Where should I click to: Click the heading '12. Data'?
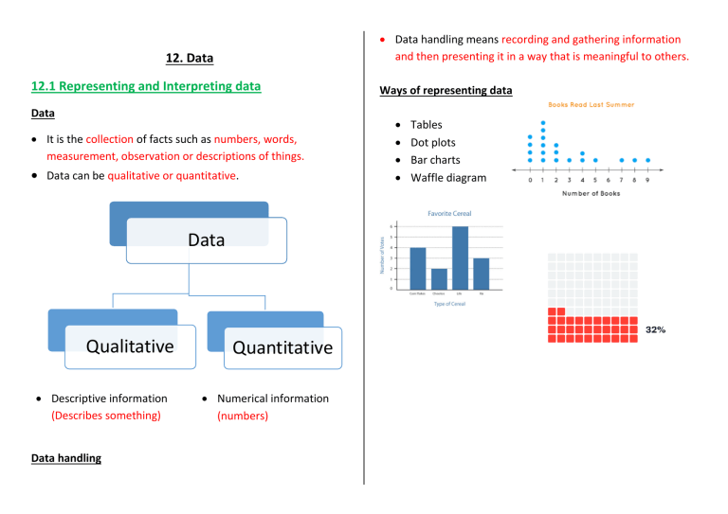(190, 58)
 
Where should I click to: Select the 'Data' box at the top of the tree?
(207, 239)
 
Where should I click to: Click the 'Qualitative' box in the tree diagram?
(130, 346)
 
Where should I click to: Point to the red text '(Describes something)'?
(106, 415)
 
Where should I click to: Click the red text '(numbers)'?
(243, 415)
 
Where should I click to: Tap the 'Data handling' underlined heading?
(66, 458)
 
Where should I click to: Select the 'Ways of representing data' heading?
(446, 91)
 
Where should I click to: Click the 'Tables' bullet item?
(426, 125)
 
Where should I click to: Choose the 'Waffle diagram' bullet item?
(447, 178)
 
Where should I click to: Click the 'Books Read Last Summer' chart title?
(591, 105)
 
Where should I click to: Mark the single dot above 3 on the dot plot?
(569, 160)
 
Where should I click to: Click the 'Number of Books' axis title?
(591, 194)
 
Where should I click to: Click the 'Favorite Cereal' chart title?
(449, 214)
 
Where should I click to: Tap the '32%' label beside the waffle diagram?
(655, 329)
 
